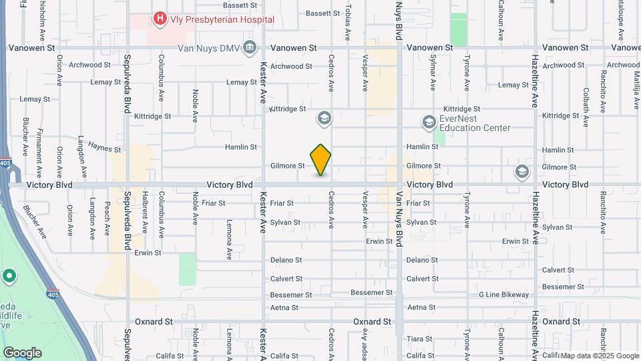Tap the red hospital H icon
(160, 19)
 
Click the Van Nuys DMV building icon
(250, 47)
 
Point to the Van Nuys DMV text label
(208, 48)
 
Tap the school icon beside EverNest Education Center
(429, 122)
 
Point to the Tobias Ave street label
(349, 19)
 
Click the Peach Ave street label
(107, 219)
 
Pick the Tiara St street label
(419, 339)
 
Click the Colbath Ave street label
(586, 107)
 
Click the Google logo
(22, 352)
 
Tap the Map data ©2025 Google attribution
(599, 356)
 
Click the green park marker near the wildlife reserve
(9, 275)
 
